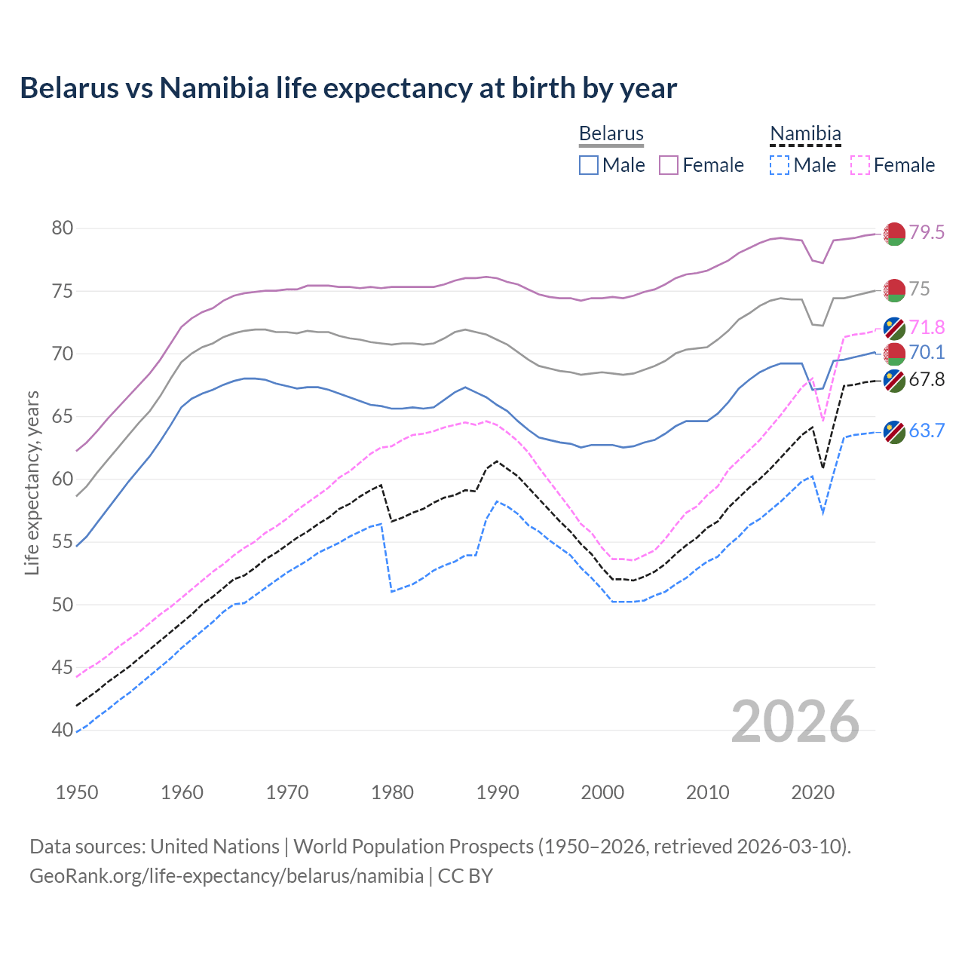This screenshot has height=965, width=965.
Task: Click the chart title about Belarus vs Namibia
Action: pos(348,88)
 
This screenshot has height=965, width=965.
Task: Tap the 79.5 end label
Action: pos(927,233)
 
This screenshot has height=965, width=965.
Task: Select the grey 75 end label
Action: pos(919,289)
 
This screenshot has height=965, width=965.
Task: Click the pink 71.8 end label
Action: pos(927,328)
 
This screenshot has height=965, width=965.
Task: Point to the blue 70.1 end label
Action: pos(927,353)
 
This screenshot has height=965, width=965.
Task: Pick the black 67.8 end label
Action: pos(927,380)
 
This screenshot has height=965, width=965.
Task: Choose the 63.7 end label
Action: pos(927,431)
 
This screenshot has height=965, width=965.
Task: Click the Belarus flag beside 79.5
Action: pos(894,234)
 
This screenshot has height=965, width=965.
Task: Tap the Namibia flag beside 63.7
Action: pos(894,432)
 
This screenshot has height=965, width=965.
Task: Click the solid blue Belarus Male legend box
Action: pos(589,165)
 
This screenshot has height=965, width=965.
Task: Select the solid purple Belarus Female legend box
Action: pos(669,165)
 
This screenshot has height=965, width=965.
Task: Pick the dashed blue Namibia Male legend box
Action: pos(780,165)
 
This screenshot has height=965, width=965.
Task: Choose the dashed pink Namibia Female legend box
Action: pos(860,165)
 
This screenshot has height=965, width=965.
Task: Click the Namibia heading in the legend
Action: pos(805,134)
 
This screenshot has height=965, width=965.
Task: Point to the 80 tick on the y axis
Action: pos(63,228)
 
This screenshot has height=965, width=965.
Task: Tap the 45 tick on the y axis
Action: pos(63,667)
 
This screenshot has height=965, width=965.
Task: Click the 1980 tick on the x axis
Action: pos(393,792)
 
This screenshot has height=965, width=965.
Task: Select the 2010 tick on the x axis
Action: pos(707,792)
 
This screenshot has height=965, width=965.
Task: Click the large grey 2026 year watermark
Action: pos(795,722)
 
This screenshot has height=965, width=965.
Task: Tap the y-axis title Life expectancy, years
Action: pos(32,482)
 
